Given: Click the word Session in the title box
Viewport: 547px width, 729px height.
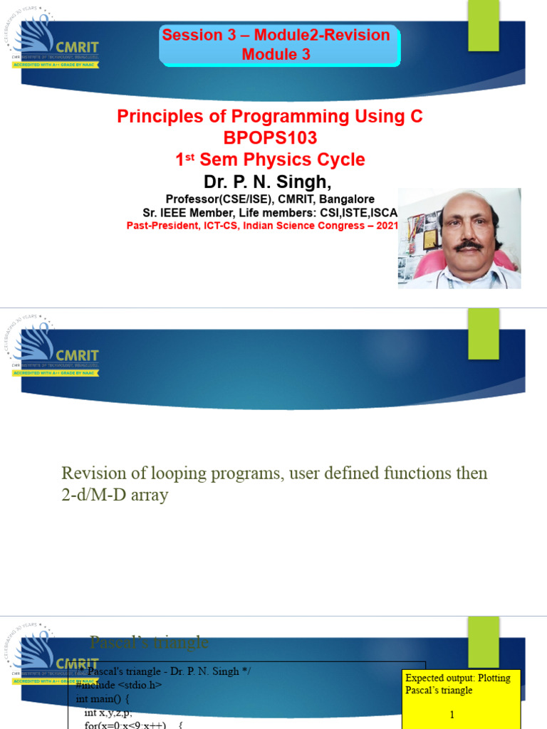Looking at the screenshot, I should click(187, 35).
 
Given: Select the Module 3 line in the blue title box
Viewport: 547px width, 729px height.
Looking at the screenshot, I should click(276, 54).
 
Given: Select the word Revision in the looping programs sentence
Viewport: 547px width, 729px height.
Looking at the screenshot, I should click(90, 473).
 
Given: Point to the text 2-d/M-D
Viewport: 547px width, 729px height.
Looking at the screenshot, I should click(92, 495).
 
